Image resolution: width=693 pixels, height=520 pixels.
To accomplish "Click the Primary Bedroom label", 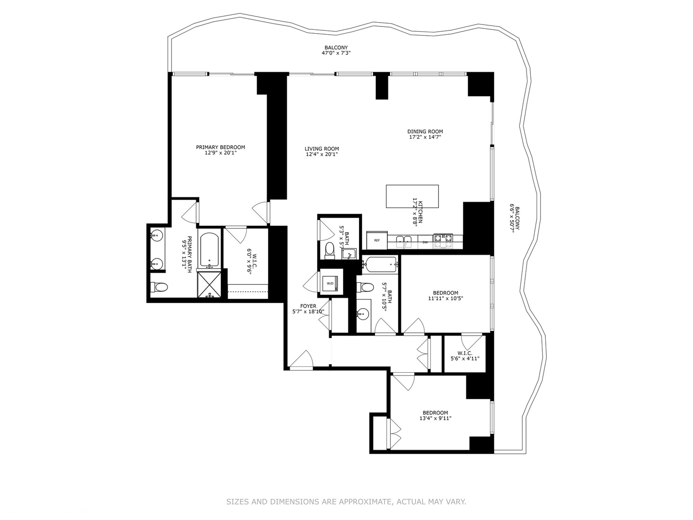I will click(x=220, y=147).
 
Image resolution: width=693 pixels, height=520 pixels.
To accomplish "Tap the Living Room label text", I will click(x=321, y=149).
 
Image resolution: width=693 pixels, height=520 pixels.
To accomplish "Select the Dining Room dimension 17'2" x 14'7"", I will click(x=425, y=137).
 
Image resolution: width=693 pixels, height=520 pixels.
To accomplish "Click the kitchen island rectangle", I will click(x=412, y=196).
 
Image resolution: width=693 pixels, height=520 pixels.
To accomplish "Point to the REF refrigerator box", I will click(x=377, y=240).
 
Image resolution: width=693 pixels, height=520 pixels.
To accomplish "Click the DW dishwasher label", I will click(x=425, y=242).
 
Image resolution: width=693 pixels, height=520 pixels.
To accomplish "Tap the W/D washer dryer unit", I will click(x=331, y=283).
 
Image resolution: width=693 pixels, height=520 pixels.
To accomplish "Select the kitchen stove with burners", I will click(x=443, y=240).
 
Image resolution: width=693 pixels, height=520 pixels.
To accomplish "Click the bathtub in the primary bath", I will click(x=209, y=250).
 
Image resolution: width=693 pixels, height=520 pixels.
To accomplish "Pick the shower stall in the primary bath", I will click(x=209, y=284).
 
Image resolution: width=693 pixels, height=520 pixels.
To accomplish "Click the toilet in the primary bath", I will click(x=158, y=287).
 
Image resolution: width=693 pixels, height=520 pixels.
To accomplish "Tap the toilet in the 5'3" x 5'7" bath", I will click(x=330, y=250).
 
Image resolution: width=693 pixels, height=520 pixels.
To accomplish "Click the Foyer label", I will click(x=308, y=306).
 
